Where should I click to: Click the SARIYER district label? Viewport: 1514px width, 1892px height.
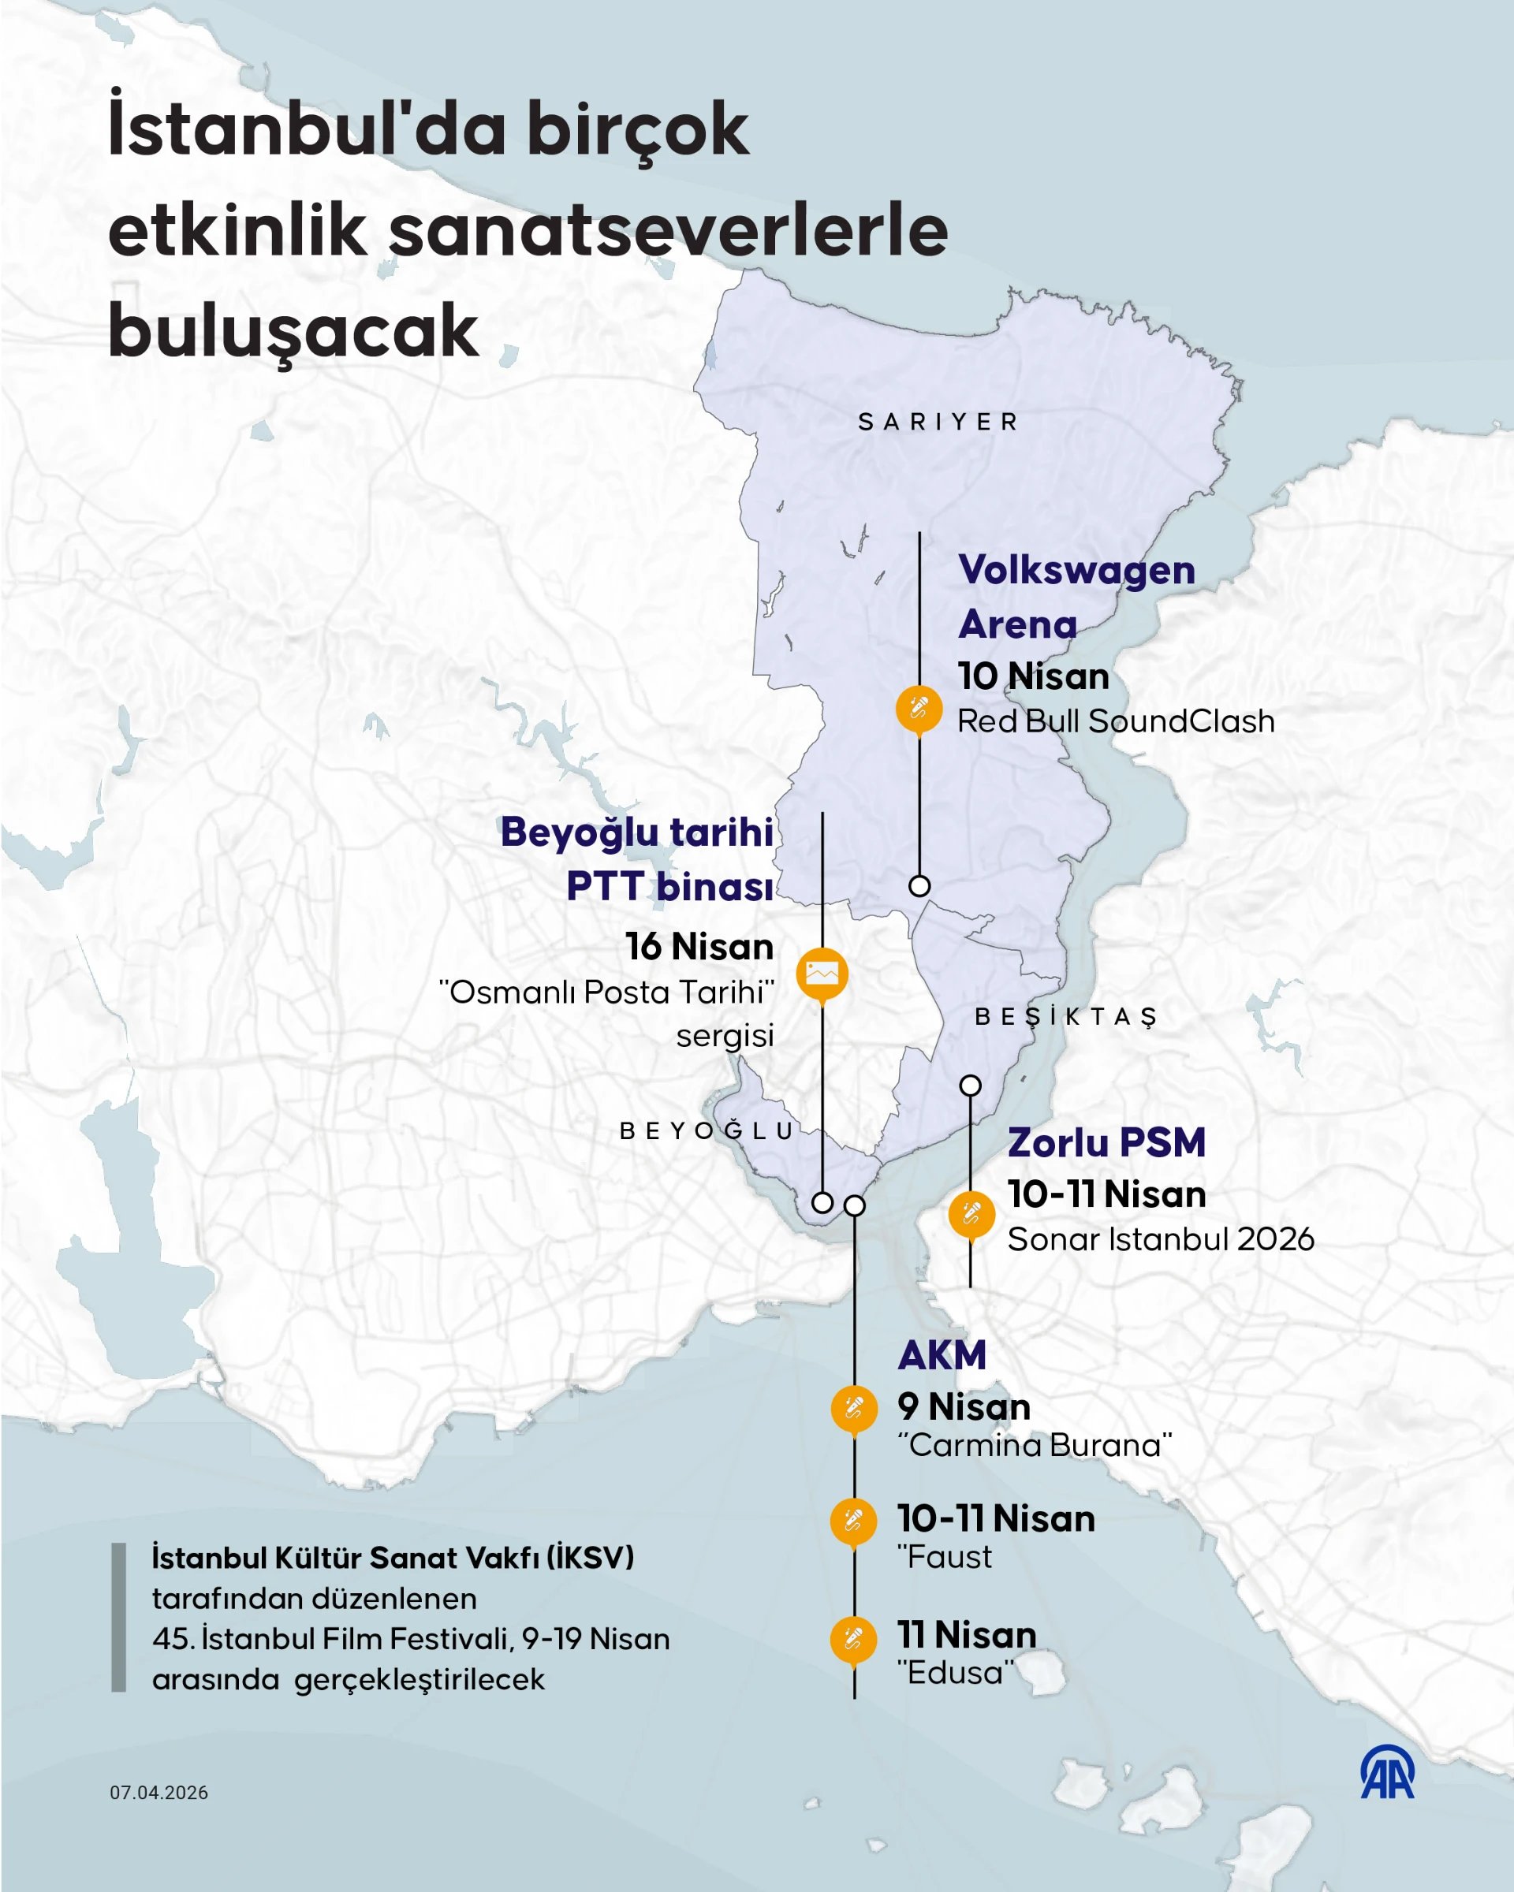click(938, 422)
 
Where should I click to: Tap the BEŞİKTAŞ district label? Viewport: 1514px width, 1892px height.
click(1065, 1016)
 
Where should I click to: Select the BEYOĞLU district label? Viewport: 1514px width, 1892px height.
click(707, 1130)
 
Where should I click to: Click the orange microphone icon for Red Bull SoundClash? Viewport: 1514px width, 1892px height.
click(919, 707)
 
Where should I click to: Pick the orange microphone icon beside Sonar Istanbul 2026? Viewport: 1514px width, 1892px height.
click(971, 1215)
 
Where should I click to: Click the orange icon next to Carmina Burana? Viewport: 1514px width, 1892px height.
click(854, 1409)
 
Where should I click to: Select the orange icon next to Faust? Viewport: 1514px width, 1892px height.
click(853, 1520)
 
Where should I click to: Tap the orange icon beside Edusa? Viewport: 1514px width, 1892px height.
click(853, 1638)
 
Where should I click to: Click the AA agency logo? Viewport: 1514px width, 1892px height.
click(1387, 1774)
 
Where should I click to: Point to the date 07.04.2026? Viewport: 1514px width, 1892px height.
click(158, 1793)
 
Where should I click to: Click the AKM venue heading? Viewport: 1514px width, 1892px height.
click(942, 1355)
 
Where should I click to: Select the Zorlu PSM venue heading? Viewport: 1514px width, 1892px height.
click(1106, 1142)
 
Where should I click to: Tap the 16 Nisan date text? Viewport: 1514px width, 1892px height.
click(699, 946)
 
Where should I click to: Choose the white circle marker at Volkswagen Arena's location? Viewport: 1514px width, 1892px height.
click(919, 885)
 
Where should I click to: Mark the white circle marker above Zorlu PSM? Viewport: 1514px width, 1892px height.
click(970, 1086)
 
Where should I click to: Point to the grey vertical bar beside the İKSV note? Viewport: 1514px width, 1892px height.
click(118, 1618)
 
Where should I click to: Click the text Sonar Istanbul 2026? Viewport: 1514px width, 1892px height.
click(1160, 1239)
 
